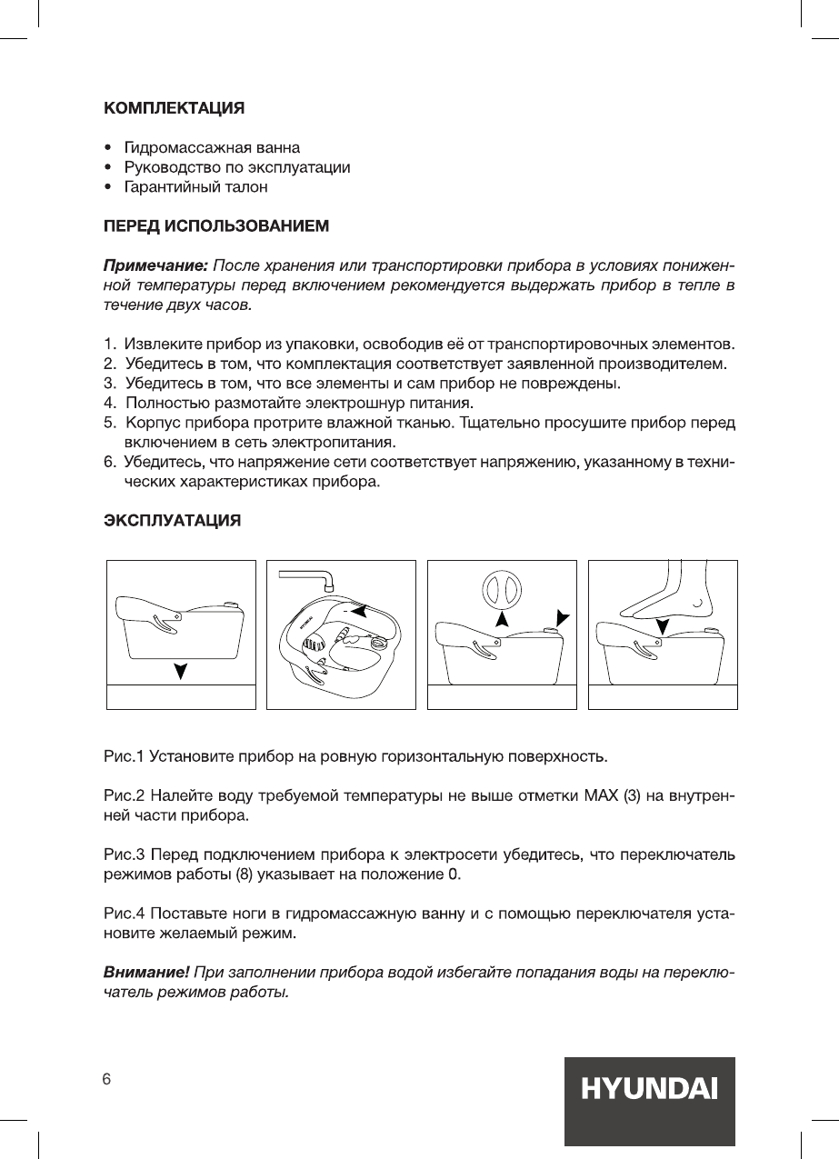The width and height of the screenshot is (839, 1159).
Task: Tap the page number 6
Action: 106,1079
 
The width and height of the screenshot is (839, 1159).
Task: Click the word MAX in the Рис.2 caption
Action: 601,797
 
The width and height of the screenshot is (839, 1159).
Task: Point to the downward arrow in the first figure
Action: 182,672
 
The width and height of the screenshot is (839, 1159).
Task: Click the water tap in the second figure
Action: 308,576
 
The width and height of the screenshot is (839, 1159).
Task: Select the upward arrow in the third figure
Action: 501,621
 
